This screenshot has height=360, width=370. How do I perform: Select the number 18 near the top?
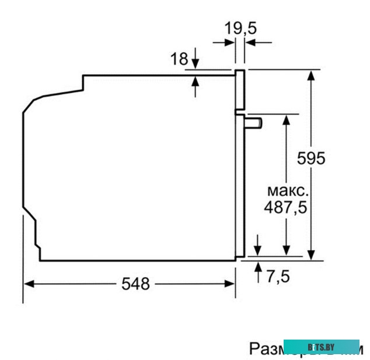coord(179,58)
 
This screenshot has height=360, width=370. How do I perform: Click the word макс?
coord(286,191)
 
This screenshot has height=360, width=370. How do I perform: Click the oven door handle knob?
coord(255,122)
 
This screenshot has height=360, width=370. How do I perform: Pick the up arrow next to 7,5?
coord(258,267)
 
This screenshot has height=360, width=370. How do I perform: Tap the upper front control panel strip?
coord(240,90)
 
